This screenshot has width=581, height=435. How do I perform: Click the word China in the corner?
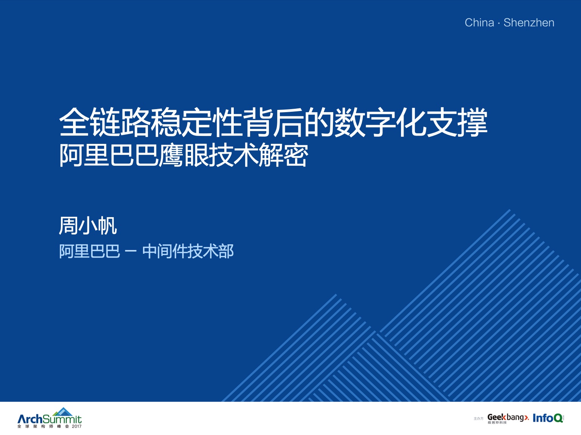coord(479,23)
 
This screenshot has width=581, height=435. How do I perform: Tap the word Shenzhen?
coord(529,23)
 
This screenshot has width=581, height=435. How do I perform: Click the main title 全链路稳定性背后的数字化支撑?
coord(273,122)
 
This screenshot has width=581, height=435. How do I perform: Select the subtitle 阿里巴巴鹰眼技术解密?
coord(184,155)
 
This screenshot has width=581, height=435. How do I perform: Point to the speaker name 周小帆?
coord(88,225)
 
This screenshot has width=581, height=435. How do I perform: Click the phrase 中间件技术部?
coord(188,251)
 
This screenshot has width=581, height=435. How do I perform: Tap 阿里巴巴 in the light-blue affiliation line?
coord(90,251)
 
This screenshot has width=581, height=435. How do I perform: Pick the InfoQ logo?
coord(548,418)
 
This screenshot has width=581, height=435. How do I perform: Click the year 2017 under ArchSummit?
coord(77,426)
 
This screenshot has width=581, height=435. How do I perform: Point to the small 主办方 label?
coord(478,419)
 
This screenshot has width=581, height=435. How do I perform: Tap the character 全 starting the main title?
coord(74,122)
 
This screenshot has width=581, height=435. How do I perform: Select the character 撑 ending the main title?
coord(472,122)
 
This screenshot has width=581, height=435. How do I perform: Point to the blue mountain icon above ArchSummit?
coord(63,412)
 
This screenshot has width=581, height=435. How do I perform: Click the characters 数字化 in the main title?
coord(381,122)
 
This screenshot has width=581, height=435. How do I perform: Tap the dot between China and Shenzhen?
coord(499,23)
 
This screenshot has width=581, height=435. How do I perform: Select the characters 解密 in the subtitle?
coord(283,155)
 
